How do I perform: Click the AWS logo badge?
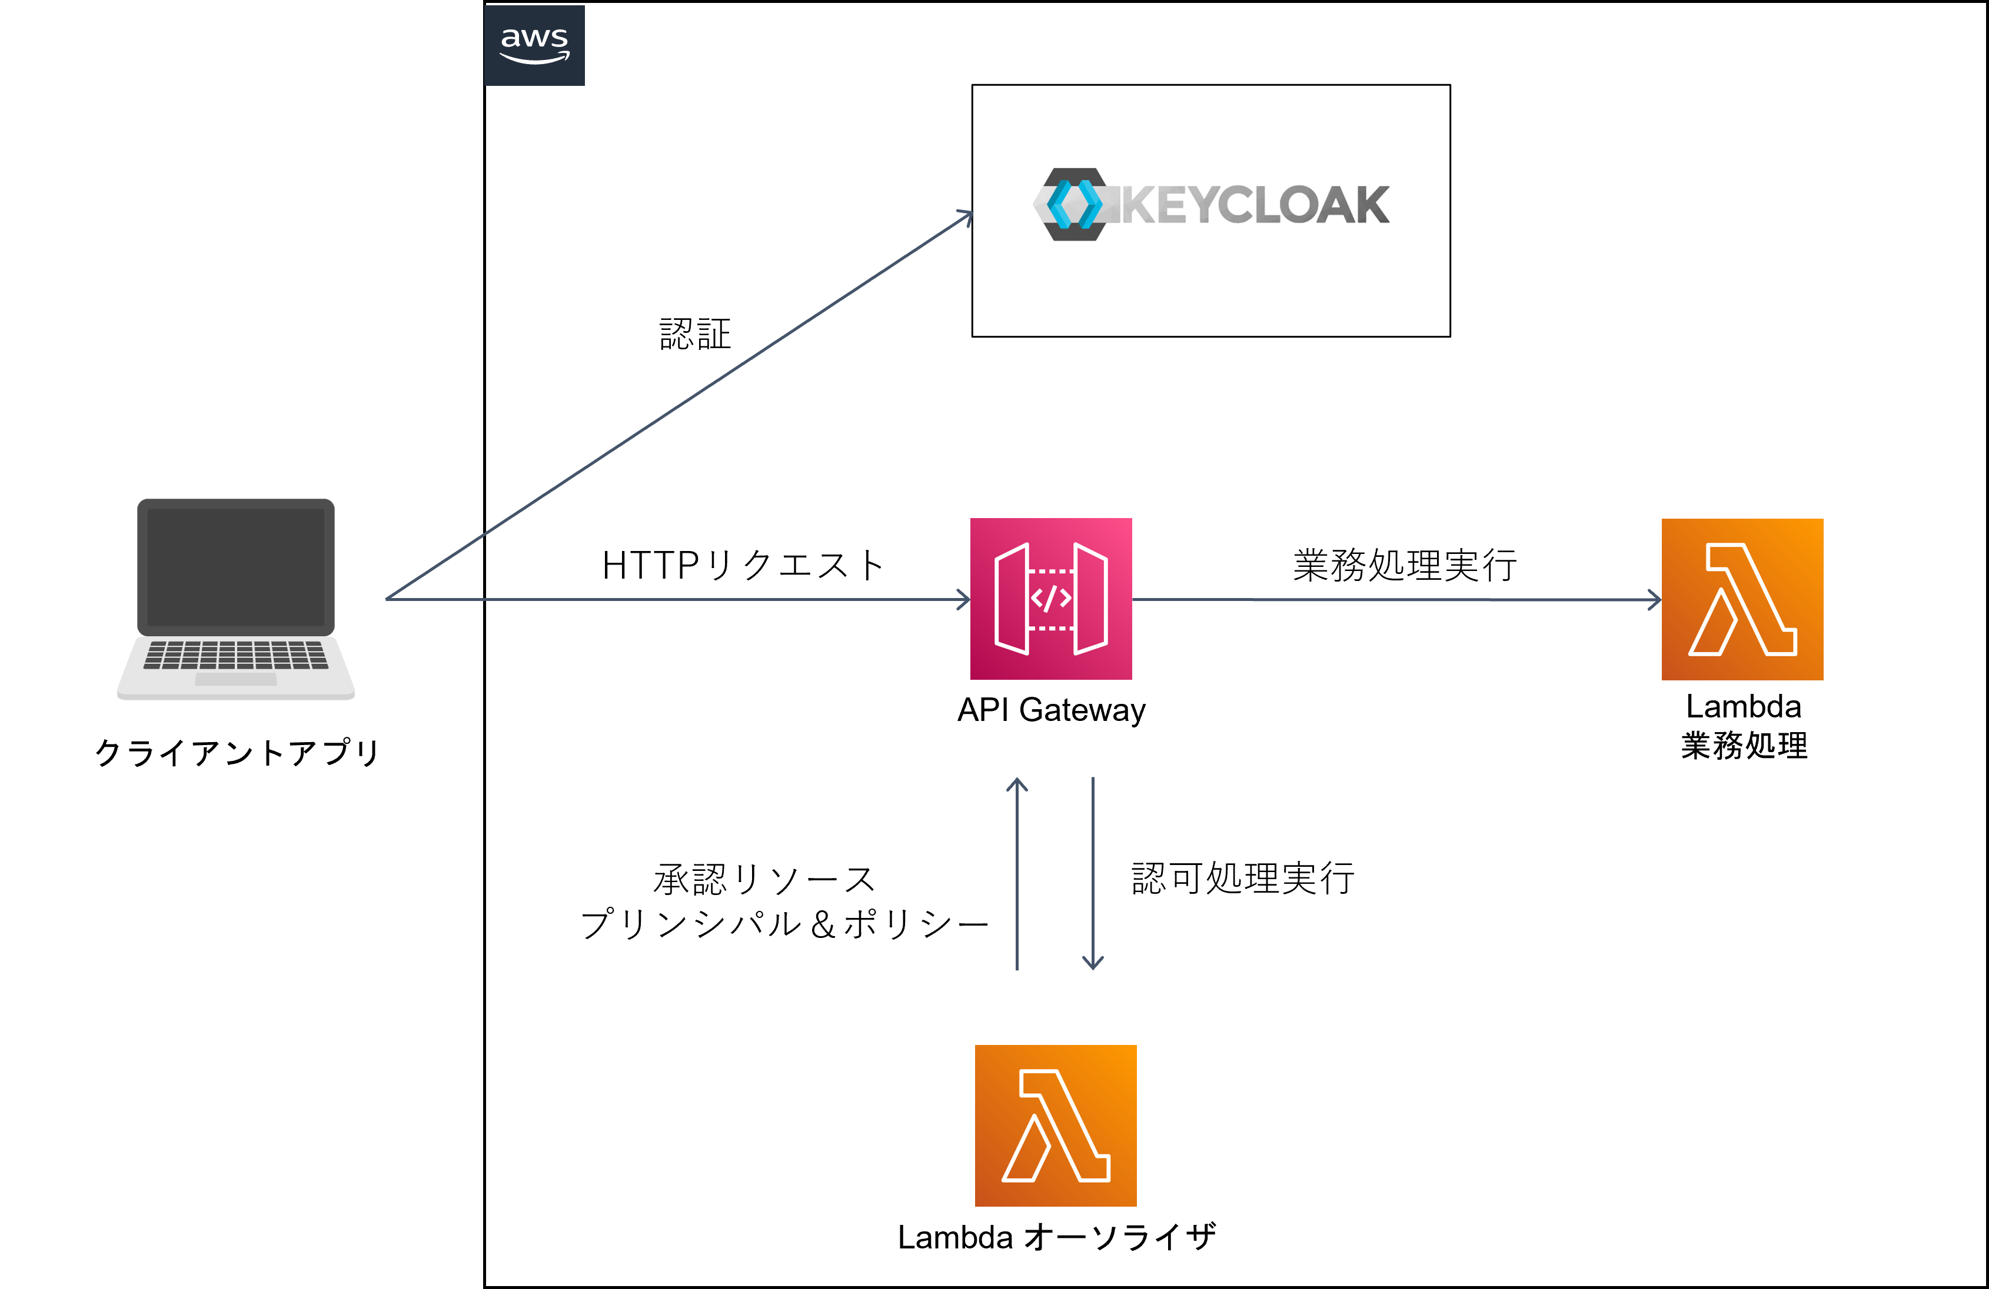(x=534, y=45)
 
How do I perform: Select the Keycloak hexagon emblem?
(x=1074, y=205)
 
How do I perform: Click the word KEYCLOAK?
(x=1253, y=205)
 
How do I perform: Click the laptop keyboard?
(x=235, y=655)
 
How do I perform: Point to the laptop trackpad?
(x=235, y=679)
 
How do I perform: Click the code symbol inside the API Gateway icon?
(x=1050, y=598)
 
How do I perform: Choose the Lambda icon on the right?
(x=1742, y=599)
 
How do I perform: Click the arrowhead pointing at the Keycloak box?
(x=966, y=216)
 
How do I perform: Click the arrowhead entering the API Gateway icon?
(x=963, y=599)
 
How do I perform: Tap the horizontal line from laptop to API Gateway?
(x=668, y=599)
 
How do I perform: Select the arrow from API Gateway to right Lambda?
(x=1396, y=599)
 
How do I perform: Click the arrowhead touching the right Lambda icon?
(x=1655, y=599)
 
